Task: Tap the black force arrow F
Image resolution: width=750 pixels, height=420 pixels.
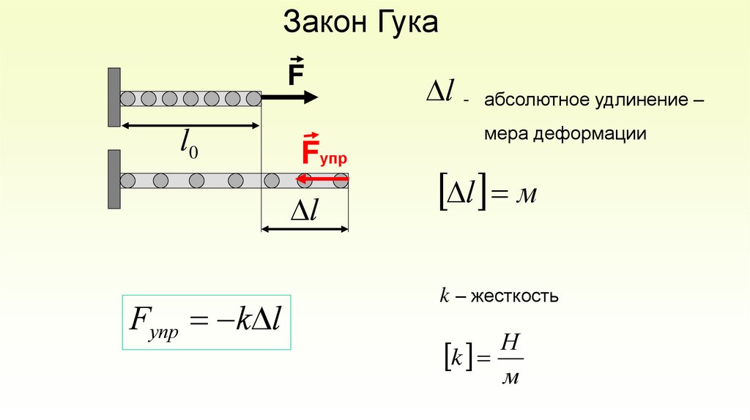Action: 289,97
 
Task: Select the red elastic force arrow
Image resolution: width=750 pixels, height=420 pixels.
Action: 322,179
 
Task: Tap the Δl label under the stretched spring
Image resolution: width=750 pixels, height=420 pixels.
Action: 304,211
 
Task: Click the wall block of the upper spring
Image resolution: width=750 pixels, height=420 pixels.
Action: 114,97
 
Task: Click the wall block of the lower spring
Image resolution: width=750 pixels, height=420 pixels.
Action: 114,179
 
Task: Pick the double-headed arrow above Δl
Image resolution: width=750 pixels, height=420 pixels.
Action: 305,229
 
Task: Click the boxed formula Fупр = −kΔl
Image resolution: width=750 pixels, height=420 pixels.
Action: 206,323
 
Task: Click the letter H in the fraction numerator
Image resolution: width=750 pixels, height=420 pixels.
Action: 511,342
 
